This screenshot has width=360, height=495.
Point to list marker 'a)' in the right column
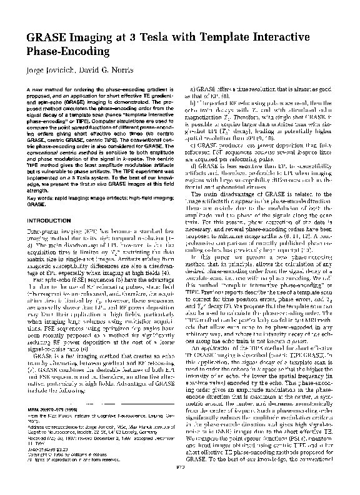(191, 91)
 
